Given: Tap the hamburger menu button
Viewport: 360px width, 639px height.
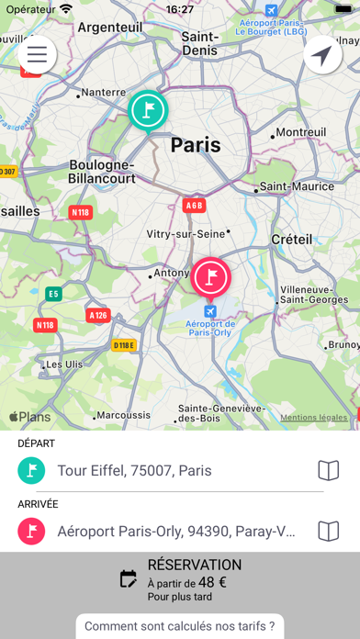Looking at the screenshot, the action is pyautogui.click(x=37, y=54).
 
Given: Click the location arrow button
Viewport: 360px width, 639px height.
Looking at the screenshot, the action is pyautogui.click(x=322, y=56).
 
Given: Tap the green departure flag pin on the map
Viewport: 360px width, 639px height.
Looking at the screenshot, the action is pyautogui.click(x=147, y=110).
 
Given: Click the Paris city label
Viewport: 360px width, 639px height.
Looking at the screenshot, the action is pyautogui.click(x=196, y=145).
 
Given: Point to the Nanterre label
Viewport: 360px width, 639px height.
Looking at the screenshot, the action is pyautogui.click(x=103, y=93).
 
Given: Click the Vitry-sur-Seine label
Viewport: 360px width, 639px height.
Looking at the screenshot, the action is pyautogui.click(x=190, y=234).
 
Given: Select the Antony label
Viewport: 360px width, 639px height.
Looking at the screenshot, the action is pyautogui.click(x=171, y=274).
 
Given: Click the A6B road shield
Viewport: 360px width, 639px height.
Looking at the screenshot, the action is pyautogui.click(x=193, y=205).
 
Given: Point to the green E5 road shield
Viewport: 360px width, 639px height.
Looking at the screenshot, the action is pyautogui.click(x=53, y=294).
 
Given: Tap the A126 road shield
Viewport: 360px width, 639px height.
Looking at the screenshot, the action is pyautogui.click(x=98, y=315).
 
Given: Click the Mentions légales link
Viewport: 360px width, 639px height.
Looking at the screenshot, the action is pyautogui.click(x=314, y=418).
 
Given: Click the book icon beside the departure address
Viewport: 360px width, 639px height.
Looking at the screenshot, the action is pyautogui.click(x=328, y=471).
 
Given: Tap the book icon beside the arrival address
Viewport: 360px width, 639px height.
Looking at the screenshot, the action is pyautogui.click(x=328, y=531).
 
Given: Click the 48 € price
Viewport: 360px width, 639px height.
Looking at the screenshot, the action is pyautogui.click(x=214, y=581).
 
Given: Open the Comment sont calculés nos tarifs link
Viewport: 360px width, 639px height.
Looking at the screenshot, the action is pyautogui.click(x=179, y=626).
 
